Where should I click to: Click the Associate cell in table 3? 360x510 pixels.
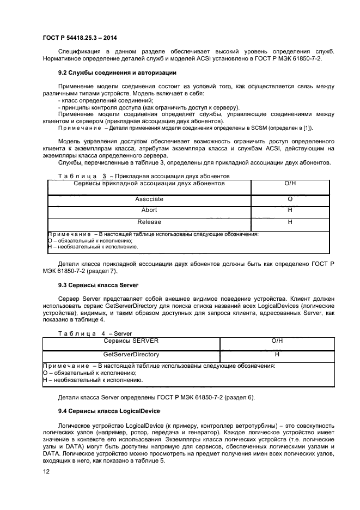click(x=149, y=199)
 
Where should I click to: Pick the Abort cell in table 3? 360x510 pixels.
click(x=149, y=210)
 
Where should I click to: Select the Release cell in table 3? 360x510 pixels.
click(x=149, y=222)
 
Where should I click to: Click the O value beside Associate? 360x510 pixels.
click(x=290, y=199)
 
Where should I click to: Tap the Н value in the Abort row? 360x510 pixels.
click(x=290, y=210)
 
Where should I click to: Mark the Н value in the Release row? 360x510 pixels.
click(x=290, y=222)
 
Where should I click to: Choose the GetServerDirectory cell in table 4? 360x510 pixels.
click(x=131, y=354)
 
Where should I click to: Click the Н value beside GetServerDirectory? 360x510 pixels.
click(x=277, y=354)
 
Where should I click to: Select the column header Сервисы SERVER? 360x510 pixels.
click(x=131, y=341)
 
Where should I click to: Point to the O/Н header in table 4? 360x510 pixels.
click(x=277, y=341)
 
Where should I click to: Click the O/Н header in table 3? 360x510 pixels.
click(x=290, y=184)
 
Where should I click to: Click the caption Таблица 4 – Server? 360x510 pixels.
click(x=87, y=333)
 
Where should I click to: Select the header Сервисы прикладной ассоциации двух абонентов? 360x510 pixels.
click(x=149, y=184)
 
